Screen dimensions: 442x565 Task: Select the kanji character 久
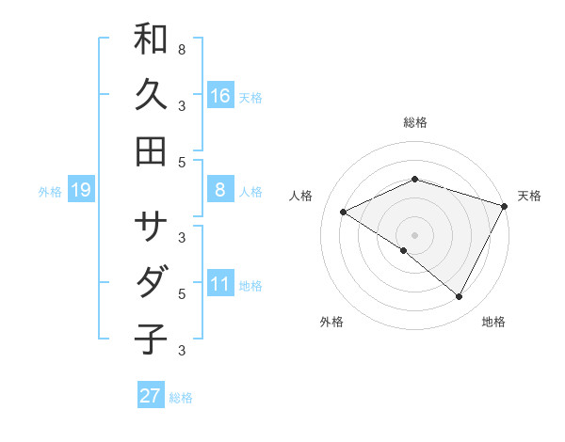(x=151, y=95)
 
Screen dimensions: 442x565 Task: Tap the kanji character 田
(x=151, y=150)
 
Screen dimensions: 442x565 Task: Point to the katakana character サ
(x=151, y=227)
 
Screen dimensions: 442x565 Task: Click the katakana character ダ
(x=151, y=282)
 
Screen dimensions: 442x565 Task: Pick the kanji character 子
(x=151, y=339)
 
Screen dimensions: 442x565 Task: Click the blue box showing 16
(x=219, y=95)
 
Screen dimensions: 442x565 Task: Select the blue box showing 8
(x=219, y=190)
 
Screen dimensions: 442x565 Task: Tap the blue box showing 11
(x=219, y=284)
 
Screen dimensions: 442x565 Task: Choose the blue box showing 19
(x=81, y=191)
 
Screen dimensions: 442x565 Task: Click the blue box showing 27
(x=151, y=396)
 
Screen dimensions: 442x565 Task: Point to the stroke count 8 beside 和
(x=182, y=48)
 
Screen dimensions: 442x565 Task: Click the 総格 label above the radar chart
(x=414, y=122)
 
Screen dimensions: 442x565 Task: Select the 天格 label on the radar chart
(x=529, y=196)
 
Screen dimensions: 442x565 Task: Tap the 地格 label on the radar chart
(x=493, y=322)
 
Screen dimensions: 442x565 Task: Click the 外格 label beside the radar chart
(x=331, y=322)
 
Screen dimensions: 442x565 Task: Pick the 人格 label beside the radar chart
(x=300, y=196)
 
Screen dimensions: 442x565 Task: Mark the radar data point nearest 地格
(x=460, y=297)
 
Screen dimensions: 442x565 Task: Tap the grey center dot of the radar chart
(x=414, y=234)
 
